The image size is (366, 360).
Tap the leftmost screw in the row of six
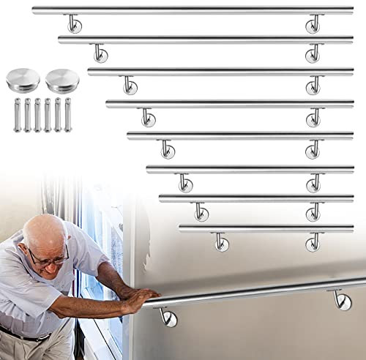point(17,113)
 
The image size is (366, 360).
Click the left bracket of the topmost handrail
point(74,25)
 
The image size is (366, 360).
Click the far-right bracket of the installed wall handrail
point(340,298)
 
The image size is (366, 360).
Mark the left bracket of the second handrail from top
point(100,53)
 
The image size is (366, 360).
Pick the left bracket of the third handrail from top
point(130,84)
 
